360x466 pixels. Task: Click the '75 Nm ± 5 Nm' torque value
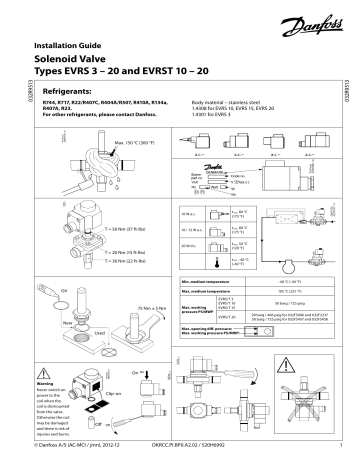click(x=120, y=306)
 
